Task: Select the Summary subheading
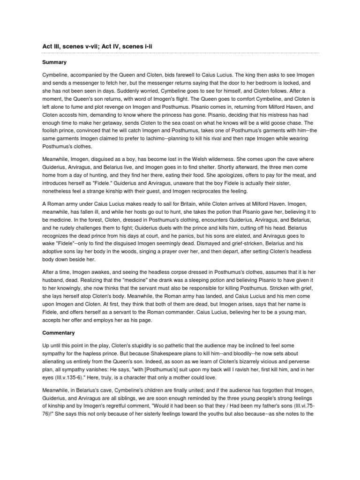tap(55, 62)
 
